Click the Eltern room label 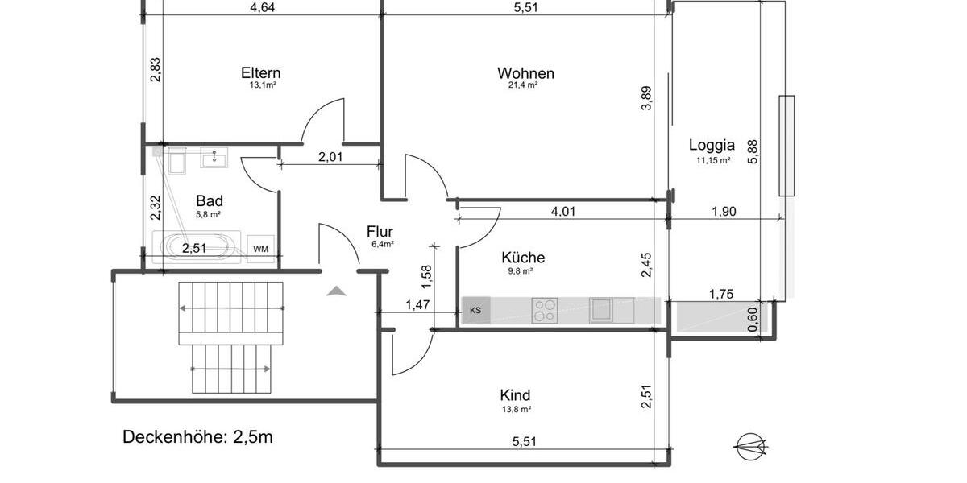(x=260, y=73)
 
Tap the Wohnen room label (x=525, y=73)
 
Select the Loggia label (x=712, y=146)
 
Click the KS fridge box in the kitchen (x=475, y=310)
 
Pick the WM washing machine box (x=260, y=249)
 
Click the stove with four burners (x=545, y=310)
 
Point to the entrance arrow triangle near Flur (x=337, y=291)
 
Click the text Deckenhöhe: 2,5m (x=197, y=437)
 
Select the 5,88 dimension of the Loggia (x=753, y=150)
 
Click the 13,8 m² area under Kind (x=515, y=410)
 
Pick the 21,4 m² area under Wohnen (x=522, y=85)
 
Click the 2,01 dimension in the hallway (x=330, y=157)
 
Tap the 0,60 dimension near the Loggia (x=753, y=320)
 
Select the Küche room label (x=523, y=258)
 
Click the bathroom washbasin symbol (x=215, y=157)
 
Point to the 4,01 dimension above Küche (x=563, y=213)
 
